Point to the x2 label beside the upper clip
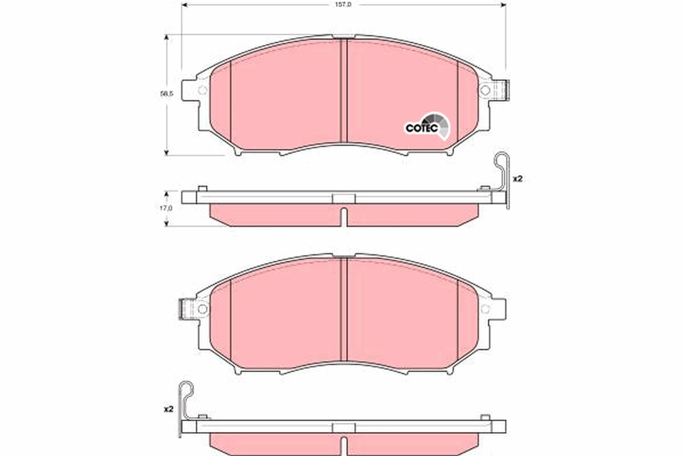[x=518, y=179]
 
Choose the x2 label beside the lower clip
[x=168, y=409]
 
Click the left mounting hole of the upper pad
[x=202, y=90]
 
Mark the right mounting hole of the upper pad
[x=484, y=90]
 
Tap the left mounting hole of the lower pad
[x=202, y=308]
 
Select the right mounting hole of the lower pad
[x=485, y=308]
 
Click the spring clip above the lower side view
[x=186, y=399]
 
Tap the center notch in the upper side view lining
[x=343, y=216]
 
